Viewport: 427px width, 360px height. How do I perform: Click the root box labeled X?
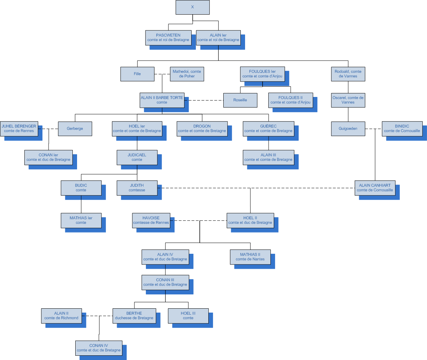click(192, 7)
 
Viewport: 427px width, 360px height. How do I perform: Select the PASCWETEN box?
click(168, 37)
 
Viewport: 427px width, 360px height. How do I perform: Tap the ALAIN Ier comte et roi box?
click(218, 37)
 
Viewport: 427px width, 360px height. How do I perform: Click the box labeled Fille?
click(137, 74)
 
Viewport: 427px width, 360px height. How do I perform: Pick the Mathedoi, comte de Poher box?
click(187, 74)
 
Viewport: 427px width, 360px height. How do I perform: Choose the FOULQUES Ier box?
click(262, 74)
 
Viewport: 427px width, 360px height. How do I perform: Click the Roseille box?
click(240, 100)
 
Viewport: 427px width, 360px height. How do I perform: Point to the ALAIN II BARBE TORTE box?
click(162, 100)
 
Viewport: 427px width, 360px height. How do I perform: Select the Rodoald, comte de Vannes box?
click(348, 74)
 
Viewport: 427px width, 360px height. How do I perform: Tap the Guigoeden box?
click(348, 129)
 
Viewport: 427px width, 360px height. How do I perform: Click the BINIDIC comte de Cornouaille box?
click(402, 129)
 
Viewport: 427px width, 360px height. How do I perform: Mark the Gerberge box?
click(75, 129)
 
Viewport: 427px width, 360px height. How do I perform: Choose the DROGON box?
click(202, 129)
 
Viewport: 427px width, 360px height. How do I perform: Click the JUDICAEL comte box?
click(137, 157)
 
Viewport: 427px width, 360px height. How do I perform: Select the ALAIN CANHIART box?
click(375, 188)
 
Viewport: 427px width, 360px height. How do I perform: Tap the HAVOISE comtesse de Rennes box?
click(151, 220)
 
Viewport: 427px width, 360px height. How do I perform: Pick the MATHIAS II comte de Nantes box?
click(250, 257)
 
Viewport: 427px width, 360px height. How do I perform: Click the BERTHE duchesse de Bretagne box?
click(134, 316)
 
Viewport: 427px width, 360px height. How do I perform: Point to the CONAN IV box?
click(98, 348)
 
